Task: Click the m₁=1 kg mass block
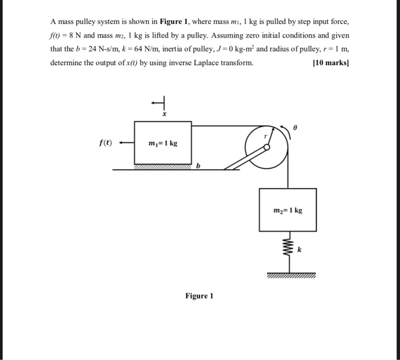(163, 142)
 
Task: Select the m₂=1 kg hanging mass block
(287, 210)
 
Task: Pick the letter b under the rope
(198, 166)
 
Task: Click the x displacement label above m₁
(164, 115)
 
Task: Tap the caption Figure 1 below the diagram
(199, 296)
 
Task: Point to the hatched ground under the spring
(289, 276)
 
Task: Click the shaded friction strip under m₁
(163, 167)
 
